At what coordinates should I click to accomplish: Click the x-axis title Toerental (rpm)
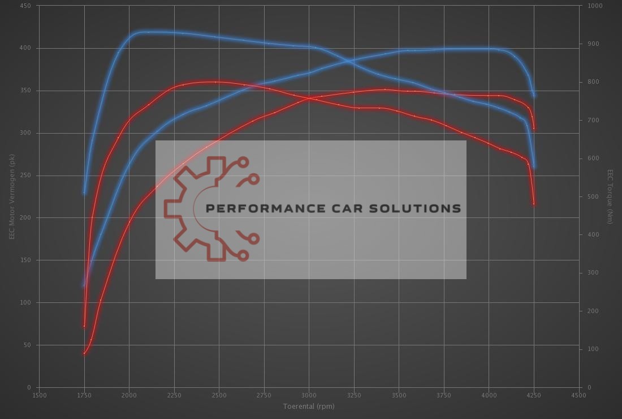pos(309,406)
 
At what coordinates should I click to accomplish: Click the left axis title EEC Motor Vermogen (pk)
pos(11,196)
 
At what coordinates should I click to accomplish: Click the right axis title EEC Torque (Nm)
pos(610,196)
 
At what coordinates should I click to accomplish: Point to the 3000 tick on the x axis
pos(309,395)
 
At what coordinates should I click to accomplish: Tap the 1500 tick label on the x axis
pos(40,395)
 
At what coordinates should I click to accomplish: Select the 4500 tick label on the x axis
pos(578,395)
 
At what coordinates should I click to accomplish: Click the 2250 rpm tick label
pos(174,395)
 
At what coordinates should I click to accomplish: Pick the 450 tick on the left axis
pos(26,6)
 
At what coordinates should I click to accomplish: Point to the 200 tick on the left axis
pos(26,218)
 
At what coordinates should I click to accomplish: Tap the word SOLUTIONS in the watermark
pos(415,208)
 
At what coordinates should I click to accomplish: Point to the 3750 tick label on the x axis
pos(443,395)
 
